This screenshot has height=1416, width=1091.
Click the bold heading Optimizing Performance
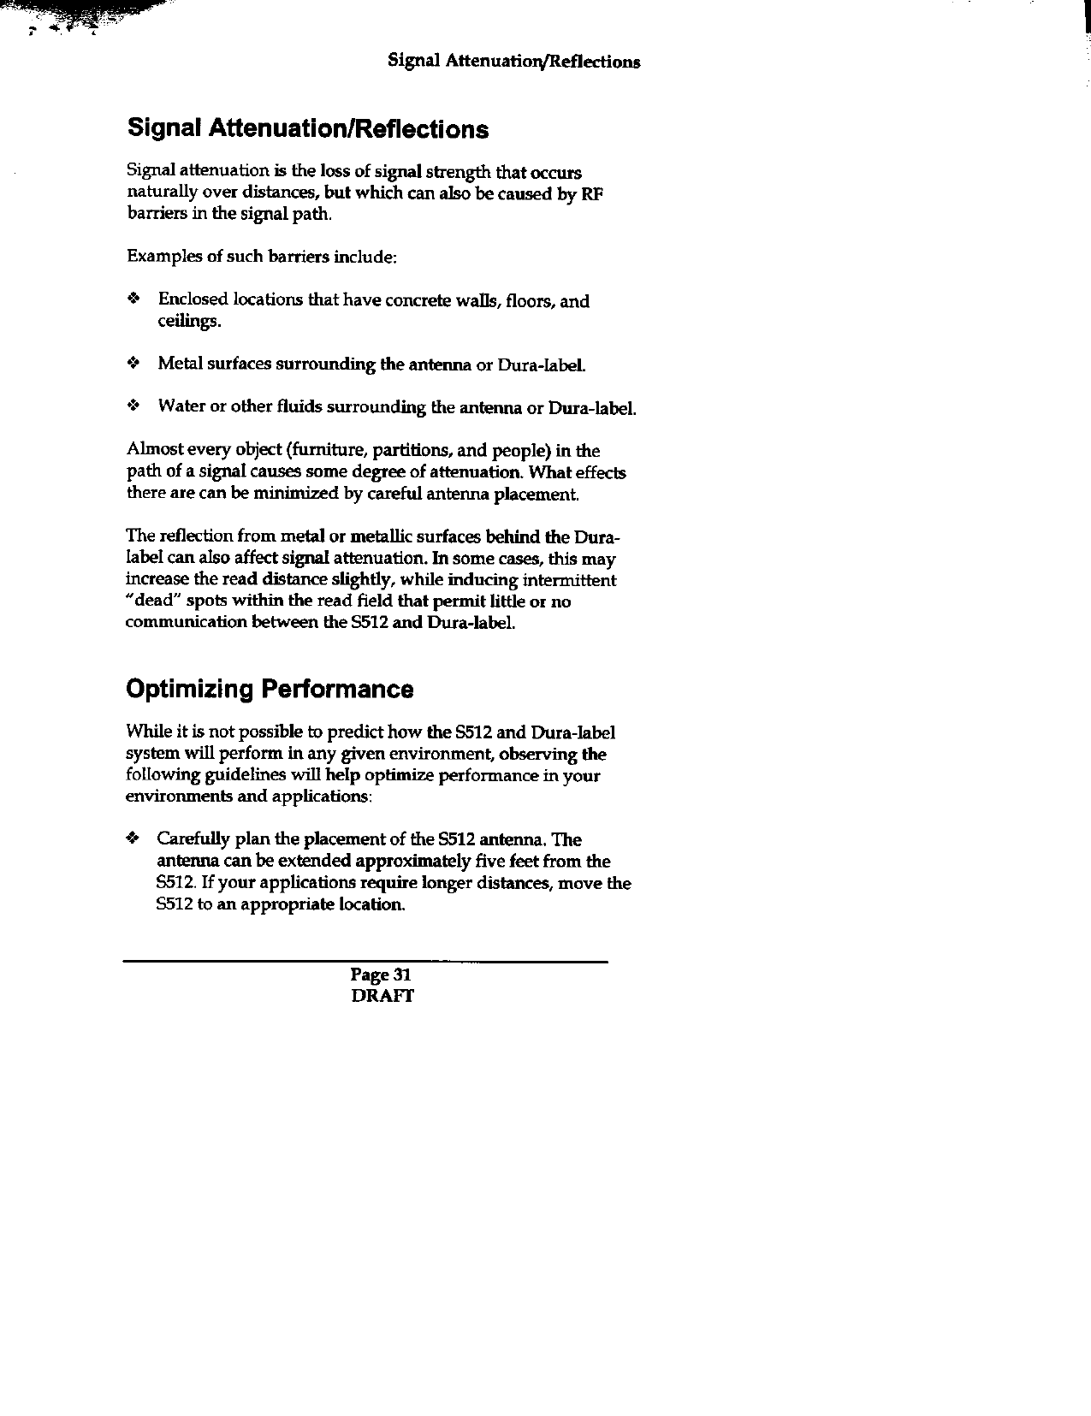270,690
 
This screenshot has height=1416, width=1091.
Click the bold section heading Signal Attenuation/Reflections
308,129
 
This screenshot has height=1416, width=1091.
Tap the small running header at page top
513,62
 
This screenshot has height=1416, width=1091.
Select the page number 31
403,975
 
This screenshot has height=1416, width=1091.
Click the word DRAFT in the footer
382,996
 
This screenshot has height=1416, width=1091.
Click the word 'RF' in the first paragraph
592,194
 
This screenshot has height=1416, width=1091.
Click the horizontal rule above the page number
365,963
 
